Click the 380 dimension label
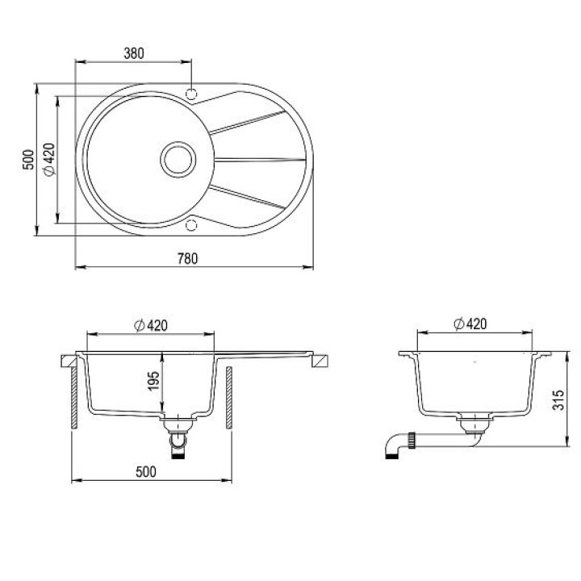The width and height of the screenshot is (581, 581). pos(134,53)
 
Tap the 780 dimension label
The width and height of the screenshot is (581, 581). pos(187,258)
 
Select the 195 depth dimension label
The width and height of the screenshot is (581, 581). pos(153,381)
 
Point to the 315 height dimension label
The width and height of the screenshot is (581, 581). pos(558,399)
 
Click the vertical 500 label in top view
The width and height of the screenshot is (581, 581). pos(28,159)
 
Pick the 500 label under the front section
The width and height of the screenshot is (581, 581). pos(146,472)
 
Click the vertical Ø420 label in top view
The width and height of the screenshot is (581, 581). pos(49,159)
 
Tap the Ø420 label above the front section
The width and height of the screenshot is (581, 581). pos(151,325)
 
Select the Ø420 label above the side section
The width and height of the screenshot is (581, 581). pos(470,324)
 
